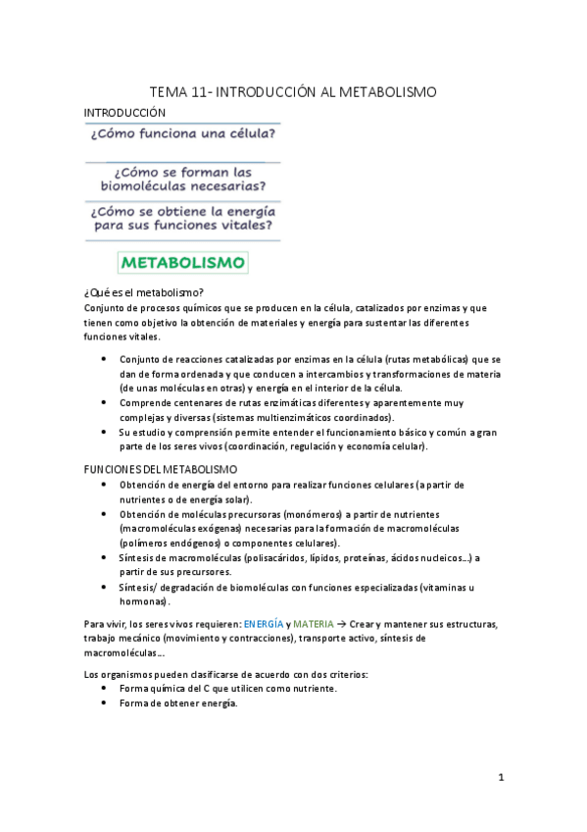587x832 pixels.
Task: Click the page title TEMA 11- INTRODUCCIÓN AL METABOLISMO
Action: [293, 91]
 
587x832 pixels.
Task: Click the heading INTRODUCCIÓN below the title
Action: [125, 113]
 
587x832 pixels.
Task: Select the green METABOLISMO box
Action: [183, 263]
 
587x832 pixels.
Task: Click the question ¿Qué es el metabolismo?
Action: [144, 292]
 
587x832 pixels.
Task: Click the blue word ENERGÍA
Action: [265, 625]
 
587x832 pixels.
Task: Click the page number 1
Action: [501, 778]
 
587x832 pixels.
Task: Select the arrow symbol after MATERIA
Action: [343, 625]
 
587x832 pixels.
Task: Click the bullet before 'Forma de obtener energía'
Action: [105, 703]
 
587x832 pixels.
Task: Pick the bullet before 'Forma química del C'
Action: [105, 689]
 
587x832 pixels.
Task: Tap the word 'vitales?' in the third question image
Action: [241, 226]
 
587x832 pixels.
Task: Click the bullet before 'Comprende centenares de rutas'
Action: [105, 402]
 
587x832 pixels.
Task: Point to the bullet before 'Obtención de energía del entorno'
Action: [105, 486]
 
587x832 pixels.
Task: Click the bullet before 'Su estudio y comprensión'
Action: [105, 432]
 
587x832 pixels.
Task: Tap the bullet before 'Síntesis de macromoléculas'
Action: [105, 557]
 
